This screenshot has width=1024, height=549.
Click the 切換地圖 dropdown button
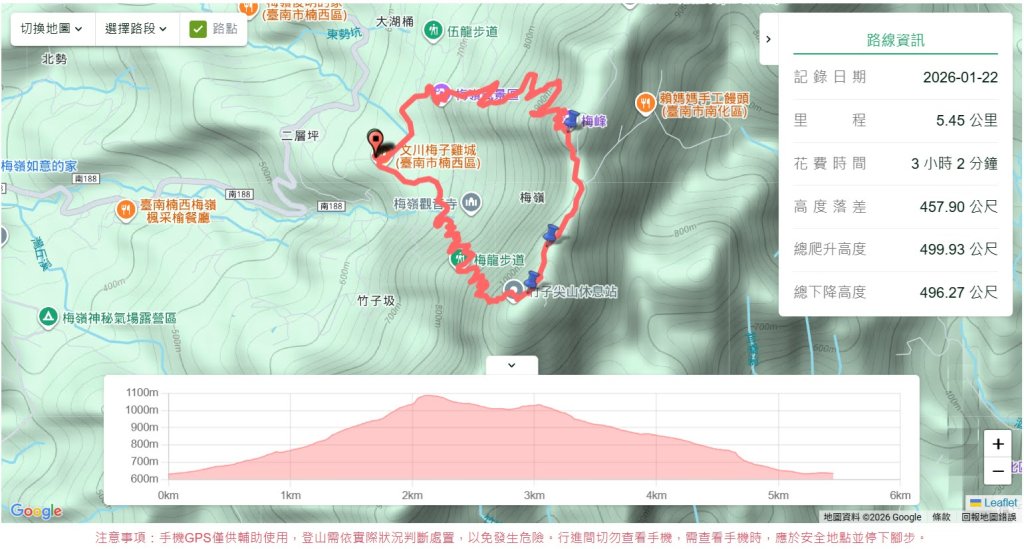(x=52, y=29)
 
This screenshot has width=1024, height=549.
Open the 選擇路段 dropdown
(x=136, y=29)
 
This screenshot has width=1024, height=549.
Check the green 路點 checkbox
(x=198, y=29)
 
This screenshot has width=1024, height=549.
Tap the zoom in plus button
(x=997, y=444)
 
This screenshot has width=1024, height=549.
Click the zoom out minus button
(x=997, y=471)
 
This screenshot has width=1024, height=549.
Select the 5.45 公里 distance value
(x=966, y=120)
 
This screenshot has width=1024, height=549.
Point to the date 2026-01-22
(x=960, y=77)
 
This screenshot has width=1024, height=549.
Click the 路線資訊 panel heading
(x=895, y=41)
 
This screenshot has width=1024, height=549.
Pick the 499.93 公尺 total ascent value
(x=958, y=249)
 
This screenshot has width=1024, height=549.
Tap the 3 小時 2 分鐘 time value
(x=953, y=163)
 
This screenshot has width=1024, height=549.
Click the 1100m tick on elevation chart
(x=142, y=393)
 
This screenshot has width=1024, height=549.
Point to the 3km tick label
(x=534, y=495)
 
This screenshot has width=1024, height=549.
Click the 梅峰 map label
(x=594, y=121)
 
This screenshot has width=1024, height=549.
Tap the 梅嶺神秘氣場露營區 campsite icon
(x=47, y=318)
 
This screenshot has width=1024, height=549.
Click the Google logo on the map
(x=36, y=511)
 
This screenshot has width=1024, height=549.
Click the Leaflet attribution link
(x=999, y=503)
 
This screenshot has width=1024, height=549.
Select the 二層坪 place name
(x=299, y=133)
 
